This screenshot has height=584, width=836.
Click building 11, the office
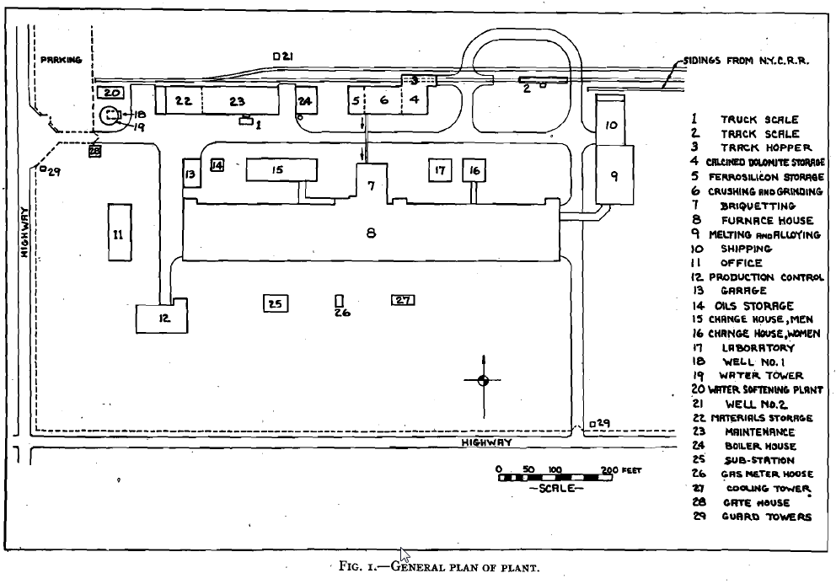pos(118,233)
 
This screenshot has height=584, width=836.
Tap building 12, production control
pos(163,317)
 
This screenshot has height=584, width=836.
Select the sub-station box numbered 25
pos(276,303)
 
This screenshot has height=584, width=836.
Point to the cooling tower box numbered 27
pos(403,300)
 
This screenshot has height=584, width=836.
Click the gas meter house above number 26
pos(340,301)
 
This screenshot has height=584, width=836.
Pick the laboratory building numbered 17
pos(439,170)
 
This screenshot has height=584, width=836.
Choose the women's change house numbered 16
pos(474,170)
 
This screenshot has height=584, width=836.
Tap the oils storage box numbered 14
pos(217,165)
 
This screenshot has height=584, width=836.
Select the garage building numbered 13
pos(190,175)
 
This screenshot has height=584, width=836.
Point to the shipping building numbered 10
pos(611,125)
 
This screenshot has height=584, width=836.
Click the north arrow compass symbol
pos(482,380)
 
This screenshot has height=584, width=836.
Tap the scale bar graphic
pos(555,477)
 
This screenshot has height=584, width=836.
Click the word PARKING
pos(61,60)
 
